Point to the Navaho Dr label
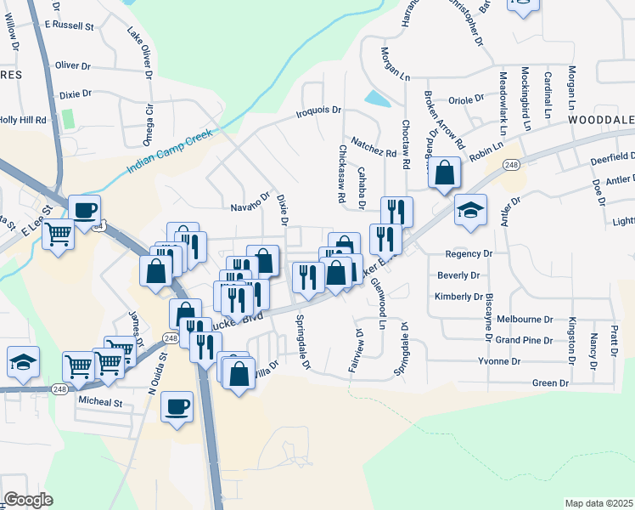[250, 207]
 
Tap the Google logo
[28, 499]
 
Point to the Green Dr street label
[550, 383]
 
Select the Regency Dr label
[469, 254]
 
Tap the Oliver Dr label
[72, 65]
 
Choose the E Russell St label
[70, 26]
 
